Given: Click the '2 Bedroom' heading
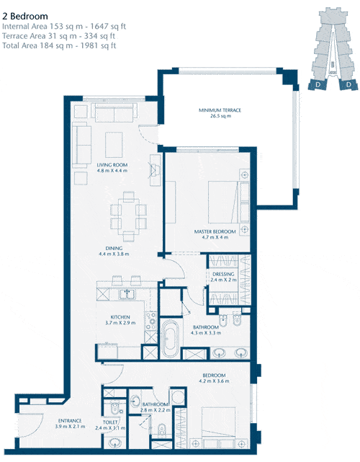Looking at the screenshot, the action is [25, 16].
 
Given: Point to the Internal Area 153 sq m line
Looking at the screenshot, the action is [64, 27].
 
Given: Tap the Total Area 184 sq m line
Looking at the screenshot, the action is [59, 45].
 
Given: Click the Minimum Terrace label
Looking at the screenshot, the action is [220, 113].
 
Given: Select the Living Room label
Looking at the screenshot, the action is [112, 168].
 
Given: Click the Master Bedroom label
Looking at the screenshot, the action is [215, 234].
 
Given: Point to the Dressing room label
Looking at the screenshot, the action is [223, 277].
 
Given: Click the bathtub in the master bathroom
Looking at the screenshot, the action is [170, 339].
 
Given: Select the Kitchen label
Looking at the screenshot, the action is [120, 320].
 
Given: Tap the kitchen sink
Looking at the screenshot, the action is [127, 294].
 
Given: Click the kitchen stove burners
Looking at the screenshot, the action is [151, 321].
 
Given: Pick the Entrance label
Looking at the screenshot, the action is [70, 423].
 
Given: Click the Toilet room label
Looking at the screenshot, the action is [110, 425].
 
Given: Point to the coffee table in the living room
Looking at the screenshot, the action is [114, 145].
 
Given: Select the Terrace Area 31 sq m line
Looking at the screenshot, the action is [58, 36].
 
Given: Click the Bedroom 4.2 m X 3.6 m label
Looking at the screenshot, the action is [214, 378].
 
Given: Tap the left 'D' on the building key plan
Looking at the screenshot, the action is [318, 85].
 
